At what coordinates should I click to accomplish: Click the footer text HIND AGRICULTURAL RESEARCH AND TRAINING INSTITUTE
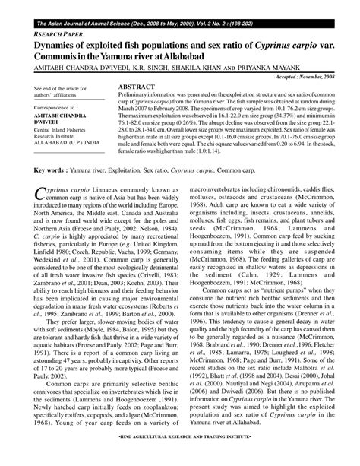180,459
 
